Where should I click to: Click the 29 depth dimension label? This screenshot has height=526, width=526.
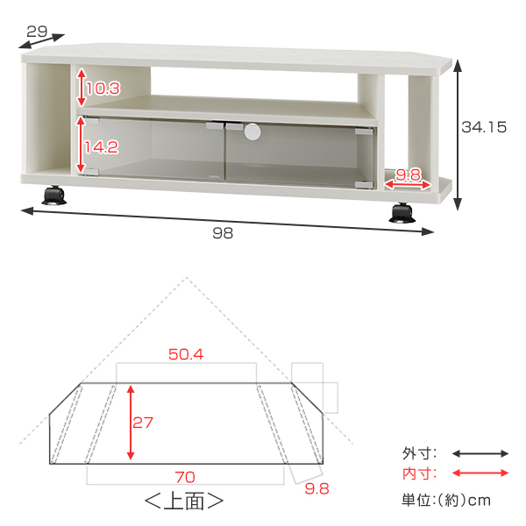coord(37,32)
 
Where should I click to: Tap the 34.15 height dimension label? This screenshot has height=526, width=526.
coord(484,127)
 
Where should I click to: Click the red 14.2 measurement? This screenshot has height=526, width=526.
coord(102,147)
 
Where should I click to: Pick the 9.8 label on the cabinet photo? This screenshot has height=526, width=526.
coord(409,175)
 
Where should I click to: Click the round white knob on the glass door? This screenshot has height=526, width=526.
coord(253,132)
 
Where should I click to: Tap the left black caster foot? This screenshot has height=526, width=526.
coord(55,194)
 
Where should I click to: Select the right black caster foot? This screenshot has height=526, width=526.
coord(402,213)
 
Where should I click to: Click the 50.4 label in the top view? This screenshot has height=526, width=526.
coord(185,355)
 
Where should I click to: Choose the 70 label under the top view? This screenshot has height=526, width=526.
coord(183,478)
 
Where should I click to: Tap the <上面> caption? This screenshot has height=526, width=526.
coord(183,502)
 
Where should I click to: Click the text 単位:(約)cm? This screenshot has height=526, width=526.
coord(446,500)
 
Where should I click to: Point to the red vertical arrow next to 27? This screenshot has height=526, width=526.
coord(131,422)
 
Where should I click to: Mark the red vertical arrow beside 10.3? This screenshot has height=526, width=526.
coord(82,88)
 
